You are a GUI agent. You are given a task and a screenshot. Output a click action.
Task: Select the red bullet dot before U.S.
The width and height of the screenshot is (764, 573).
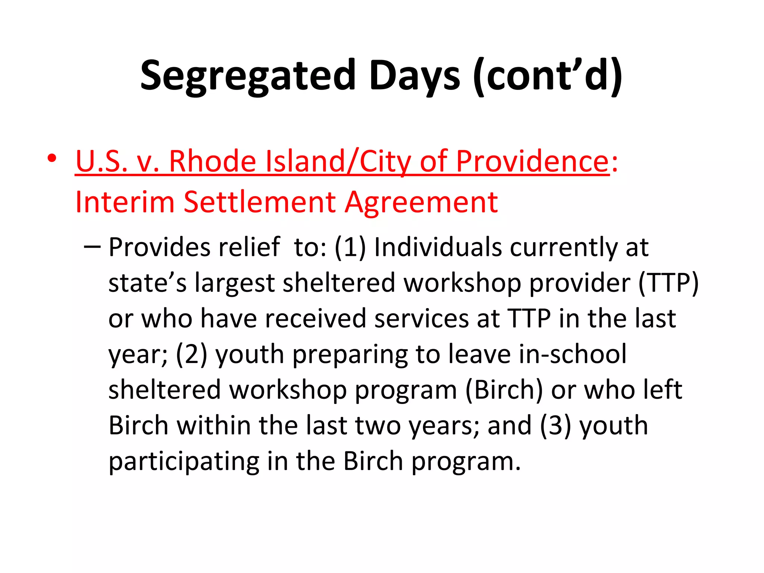(52, 158)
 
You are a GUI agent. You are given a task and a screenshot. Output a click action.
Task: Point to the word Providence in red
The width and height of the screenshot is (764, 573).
(533, 161)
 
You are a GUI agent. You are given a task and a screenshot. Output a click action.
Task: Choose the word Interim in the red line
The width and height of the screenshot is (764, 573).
(125, 202)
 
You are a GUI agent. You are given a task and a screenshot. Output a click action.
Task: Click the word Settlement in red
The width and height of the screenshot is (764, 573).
(260, 202)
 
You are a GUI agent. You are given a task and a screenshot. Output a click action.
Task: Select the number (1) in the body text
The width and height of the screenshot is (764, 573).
(350, 247)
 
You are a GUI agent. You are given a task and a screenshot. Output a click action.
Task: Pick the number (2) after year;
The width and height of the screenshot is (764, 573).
(191, 354)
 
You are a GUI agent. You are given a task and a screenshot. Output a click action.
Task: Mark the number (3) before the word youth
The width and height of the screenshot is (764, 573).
(555, 426)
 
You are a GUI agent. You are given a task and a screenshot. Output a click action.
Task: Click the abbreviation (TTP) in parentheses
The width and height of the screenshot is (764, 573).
(668, 283)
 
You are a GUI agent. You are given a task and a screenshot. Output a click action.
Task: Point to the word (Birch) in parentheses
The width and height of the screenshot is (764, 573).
(504, 390)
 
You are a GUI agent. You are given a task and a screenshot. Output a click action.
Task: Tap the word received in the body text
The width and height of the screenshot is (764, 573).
(311, 319)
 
